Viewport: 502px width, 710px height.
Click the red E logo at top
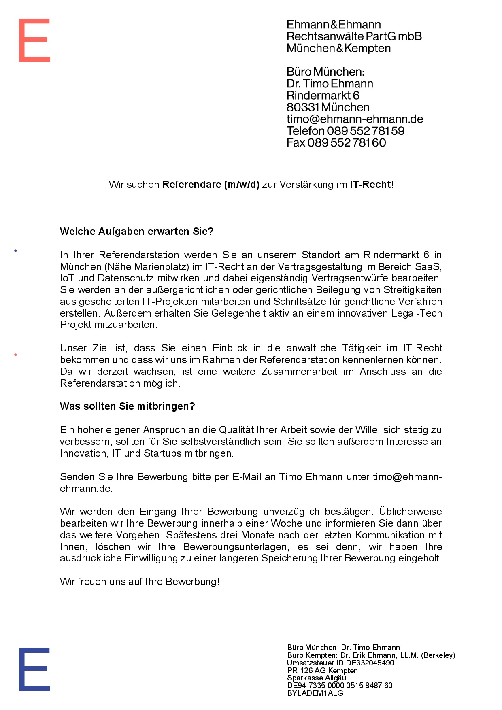point(34,40)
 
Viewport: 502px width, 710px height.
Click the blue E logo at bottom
point(34,669)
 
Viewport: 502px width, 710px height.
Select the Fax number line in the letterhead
point(336,142)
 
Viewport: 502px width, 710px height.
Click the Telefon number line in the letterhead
point(345,131)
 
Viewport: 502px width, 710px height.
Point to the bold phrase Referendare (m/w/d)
point(211,185)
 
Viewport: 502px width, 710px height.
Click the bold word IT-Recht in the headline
point(370,185)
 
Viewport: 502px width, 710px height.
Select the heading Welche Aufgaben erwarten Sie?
point(136,232)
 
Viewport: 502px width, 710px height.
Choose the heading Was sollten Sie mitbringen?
point(127,406)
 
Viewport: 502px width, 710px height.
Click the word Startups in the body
point(162,453)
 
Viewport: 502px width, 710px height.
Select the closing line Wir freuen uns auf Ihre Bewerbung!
point(139,582)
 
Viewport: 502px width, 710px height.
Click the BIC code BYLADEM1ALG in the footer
point(315,693)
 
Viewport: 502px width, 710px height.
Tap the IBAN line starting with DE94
point(340,685)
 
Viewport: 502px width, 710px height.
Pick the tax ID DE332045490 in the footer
point(370,663)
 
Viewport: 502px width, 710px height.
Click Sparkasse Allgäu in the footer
point(317,678)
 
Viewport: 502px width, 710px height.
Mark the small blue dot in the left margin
point(15,251)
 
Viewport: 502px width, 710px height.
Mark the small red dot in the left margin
point(15,355)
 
